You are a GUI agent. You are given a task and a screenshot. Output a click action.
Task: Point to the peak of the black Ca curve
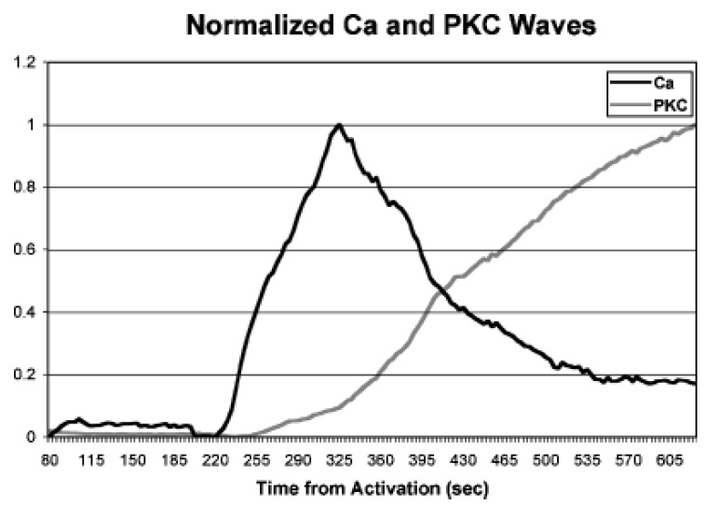tap(339, 125)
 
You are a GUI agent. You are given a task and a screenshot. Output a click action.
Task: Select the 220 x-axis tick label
tap(216, 459)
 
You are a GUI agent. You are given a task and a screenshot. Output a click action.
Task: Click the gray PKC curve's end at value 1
tap(695, 125)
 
